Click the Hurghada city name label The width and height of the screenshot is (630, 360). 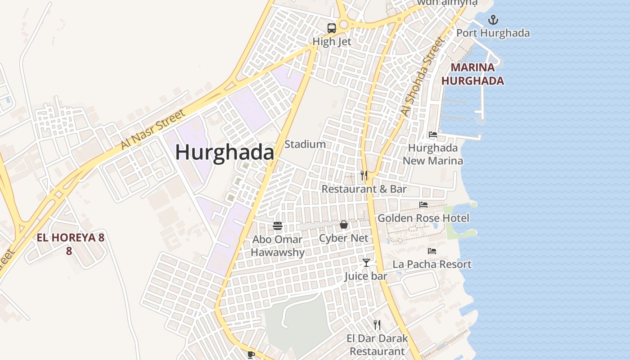click(x=225, y=152)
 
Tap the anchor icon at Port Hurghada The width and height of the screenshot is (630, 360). click(x=493, y=20)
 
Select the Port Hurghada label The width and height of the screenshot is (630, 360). click(x=493, y=33)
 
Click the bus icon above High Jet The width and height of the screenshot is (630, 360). click(x=332, y=28)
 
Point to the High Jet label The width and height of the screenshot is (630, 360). click(x=332, y=41)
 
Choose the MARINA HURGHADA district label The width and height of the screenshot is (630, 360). click(x=472, y=74)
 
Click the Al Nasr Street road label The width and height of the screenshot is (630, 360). click(x=153, y=130)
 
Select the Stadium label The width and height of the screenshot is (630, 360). click(x=305, y=144)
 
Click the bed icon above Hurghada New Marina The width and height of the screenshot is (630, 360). click(x=433, y=135)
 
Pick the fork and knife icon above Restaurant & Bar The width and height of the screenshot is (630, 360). click(x=364, y=175)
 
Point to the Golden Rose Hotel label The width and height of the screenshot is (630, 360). click(x=423, y=218)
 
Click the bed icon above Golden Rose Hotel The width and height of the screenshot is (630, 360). click(x=423, y=205)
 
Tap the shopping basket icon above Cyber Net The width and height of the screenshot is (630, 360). click(x=344, y=225)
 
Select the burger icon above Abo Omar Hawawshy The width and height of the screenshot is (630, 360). click(x=278, y=226)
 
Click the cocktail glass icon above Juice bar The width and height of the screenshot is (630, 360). click(x=366, y=263)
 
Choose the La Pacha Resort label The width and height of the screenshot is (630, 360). click(x=432, y=264)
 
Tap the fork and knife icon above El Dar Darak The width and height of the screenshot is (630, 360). click(x=377, y=324)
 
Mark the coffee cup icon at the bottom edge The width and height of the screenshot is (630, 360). click(x=251, y=355)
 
